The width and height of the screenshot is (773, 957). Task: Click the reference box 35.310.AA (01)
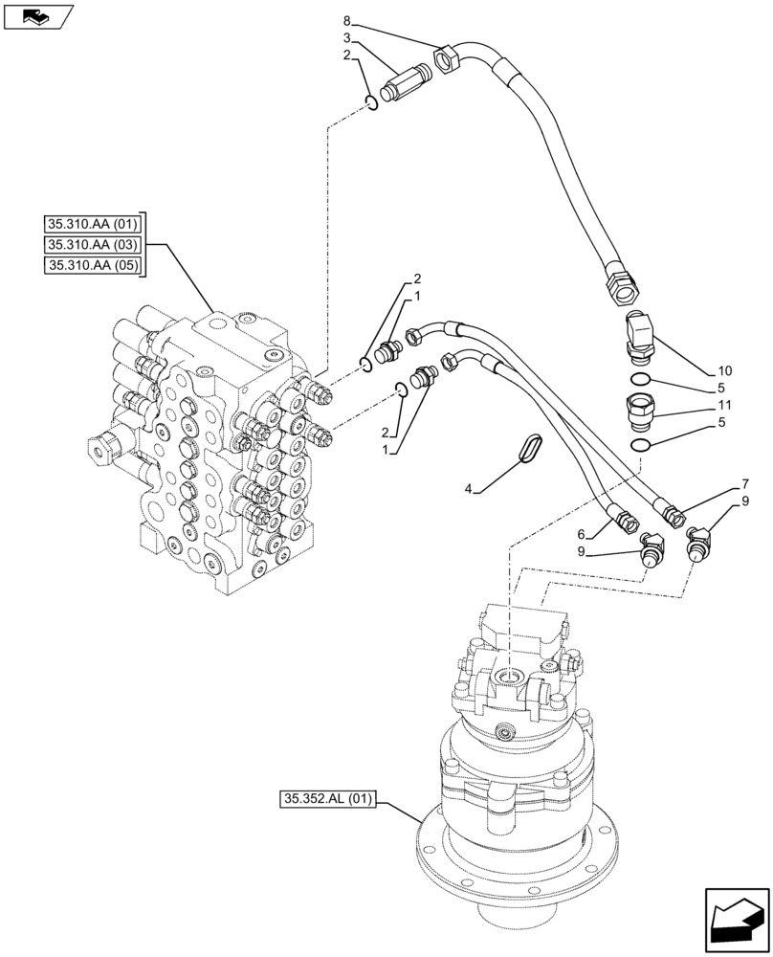(x=93, y=225)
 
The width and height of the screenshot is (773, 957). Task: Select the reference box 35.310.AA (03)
(x=93, y=245)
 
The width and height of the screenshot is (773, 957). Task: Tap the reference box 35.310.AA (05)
(x=93, y=265)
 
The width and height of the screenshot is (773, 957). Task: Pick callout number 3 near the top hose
(x=347, y=39)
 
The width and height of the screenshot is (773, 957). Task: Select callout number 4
(x=468, y=490)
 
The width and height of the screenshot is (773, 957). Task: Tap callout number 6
(x=582, y=532)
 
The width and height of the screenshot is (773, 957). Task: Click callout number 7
(x=743, y=485)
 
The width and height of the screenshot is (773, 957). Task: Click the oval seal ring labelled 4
(x=530, y=449)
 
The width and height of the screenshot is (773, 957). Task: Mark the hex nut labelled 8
(x=448, y=62)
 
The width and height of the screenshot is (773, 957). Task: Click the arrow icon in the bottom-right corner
(x=736, y=920)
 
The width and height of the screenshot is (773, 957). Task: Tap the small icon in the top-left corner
(x=37, y=15)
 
